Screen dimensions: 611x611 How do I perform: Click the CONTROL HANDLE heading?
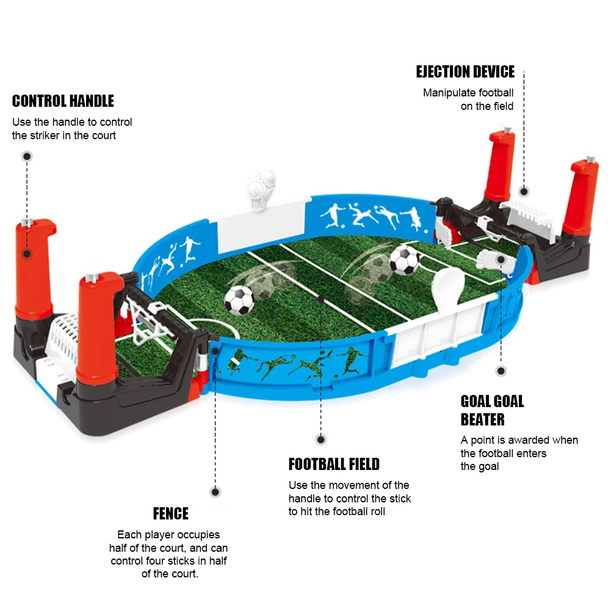tap(63, 101)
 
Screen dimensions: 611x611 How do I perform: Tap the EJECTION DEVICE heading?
tap(465, 72)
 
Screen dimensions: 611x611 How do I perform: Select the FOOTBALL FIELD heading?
tap(334, 465)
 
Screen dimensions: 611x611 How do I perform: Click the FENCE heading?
tap(170, 513)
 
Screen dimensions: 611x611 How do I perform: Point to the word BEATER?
tap(482, 419)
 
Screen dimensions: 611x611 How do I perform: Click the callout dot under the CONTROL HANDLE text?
tap(27, 156)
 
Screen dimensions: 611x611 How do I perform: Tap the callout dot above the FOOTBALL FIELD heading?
tap(321, 439)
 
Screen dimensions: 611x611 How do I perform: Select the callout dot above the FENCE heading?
tap(215, 491)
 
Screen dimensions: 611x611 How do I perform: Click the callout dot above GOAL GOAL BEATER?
tap(501, 371)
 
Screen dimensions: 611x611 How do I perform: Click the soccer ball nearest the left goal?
tap(239, 300)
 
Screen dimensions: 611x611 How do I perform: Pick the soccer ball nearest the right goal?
tap(404, 259)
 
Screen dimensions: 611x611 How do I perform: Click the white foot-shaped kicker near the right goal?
tap(493, 259)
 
